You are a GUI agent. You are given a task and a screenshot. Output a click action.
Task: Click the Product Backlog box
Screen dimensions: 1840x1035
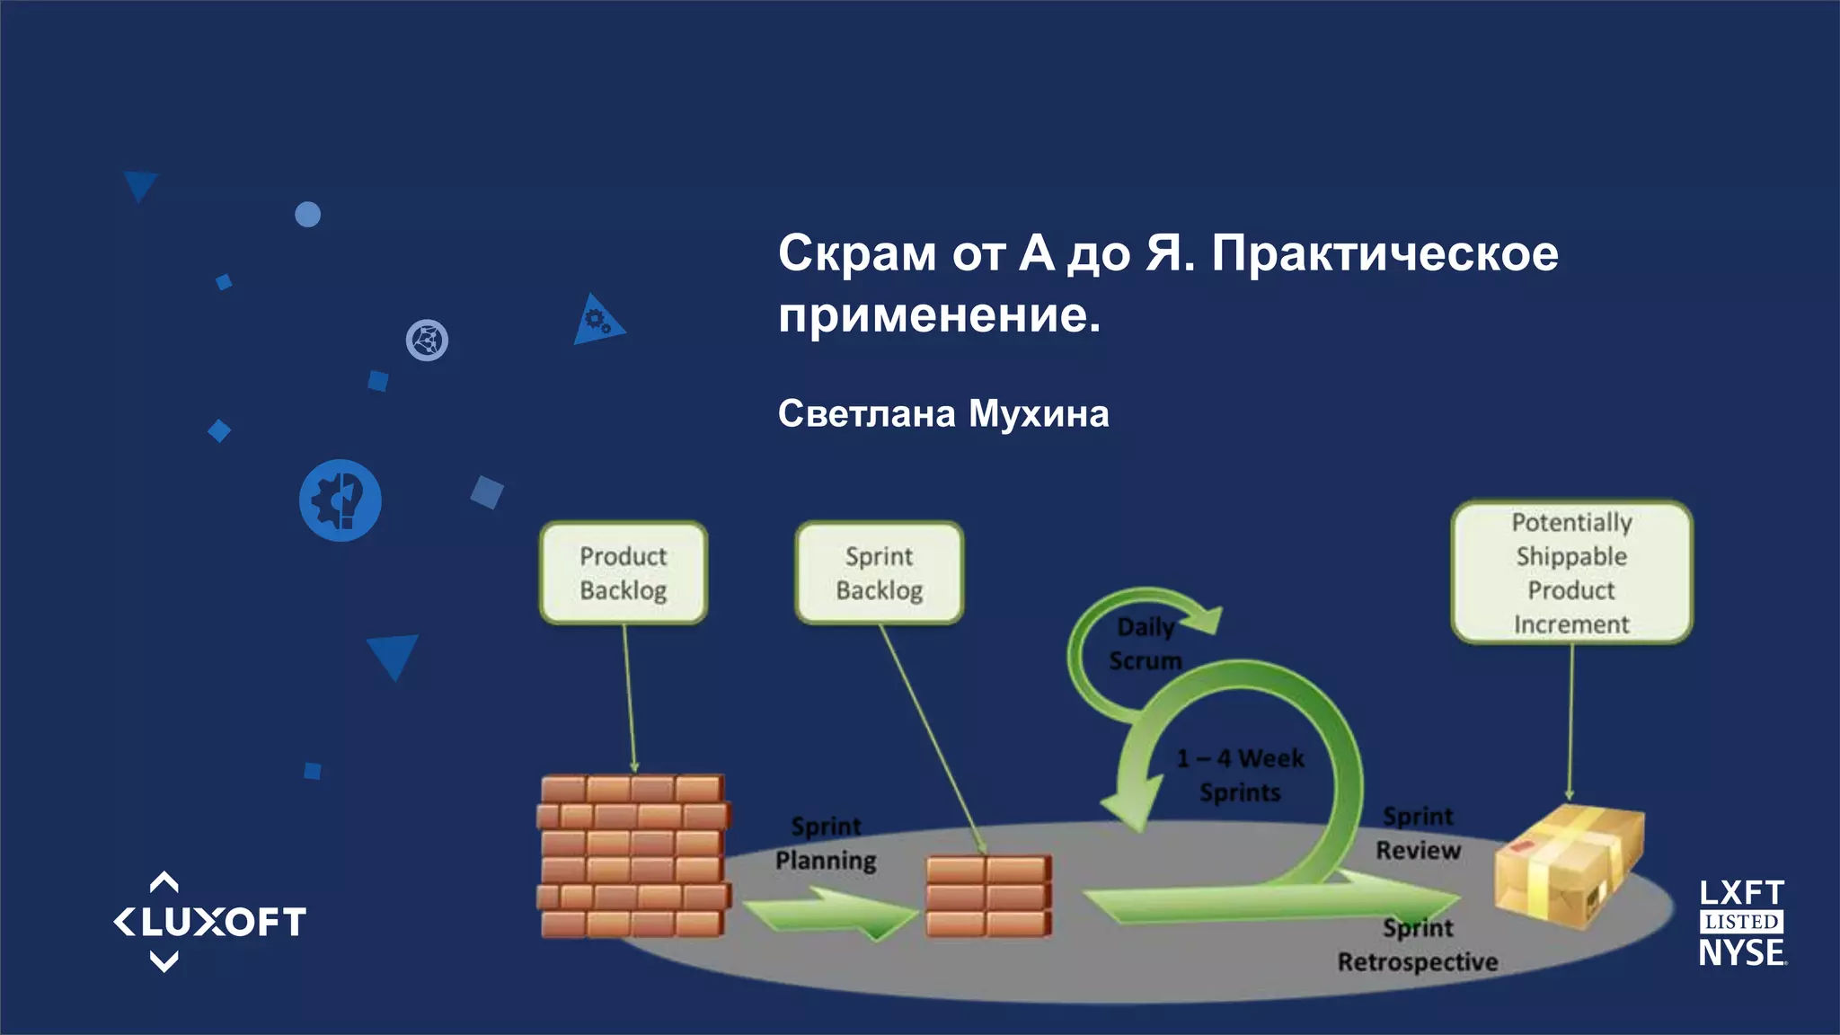624,572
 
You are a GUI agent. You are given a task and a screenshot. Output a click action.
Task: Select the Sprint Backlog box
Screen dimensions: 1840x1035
879,572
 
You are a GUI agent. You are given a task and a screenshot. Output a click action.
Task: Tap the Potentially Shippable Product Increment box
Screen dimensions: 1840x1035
1571,572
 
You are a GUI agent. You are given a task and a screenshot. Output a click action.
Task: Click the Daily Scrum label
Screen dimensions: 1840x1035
1145,644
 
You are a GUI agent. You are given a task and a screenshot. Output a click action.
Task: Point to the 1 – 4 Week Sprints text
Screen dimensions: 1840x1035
1240,775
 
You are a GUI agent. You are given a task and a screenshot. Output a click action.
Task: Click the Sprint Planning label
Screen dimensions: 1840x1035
826,844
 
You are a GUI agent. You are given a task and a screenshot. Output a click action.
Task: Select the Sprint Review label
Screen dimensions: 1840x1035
1418,833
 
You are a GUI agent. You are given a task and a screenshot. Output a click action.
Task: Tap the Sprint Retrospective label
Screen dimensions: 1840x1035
1418,945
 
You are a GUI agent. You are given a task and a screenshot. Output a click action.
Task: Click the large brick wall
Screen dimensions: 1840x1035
633,855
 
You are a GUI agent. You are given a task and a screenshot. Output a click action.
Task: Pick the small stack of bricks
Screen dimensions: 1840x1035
987,896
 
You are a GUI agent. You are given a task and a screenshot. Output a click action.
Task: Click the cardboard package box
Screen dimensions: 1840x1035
1568,862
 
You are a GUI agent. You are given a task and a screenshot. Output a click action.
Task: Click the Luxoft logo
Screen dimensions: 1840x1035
209,922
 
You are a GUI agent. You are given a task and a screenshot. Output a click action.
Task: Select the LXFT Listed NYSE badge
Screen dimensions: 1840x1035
1741,923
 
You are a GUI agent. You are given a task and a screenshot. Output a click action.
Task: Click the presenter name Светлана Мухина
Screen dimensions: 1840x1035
943,414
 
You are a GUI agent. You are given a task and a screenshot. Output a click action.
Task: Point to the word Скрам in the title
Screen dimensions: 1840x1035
856,253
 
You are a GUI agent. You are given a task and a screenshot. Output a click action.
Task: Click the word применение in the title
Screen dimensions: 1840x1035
939,315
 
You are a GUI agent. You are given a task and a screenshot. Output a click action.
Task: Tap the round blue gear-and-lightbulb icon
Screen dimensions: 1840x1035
340,500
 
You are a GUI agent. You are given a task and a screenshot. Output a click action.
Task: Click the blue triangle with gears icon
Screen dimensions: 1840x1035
597,321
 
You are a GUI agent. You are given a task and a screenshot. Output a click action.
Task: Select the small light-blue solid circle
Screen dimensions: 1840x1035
307,215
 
